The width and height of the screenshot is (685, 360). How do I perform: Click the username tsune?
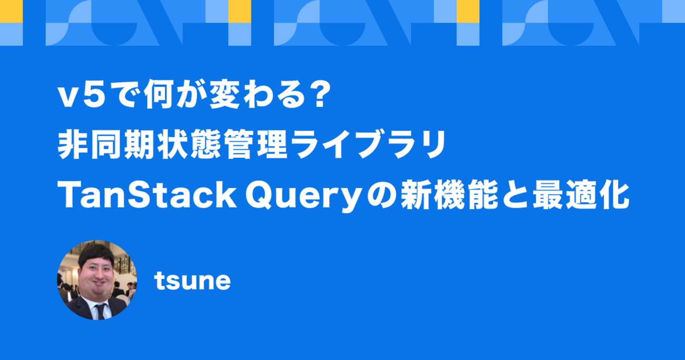[x=192, y=281]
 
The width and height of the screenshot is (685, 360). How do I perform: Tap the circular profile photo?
[x=97, y=280]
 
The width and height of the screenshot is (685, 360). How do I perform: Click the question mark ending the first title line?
[x=320, y=94]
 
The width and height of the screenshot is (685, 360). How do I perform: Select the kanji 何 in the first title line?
[x=159, y=94]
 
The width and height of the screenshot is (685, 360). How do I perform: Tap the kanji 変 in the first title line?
[x=224, y=94]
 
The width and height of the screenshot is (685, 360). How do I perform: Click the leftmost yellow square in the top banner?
[x=11, y=11]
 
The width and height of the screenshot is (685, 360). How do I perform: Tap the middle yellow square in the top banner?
[x=240, y=11]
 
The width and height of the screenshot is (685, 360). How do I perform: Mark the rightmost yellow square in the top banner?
[x=468, y=11]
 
